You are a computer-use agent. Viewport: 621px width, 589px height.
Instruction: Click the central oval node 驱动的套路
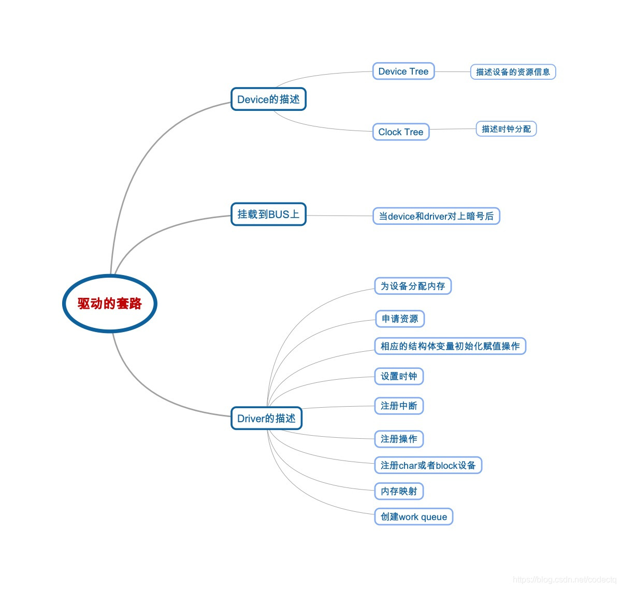pos(109,304)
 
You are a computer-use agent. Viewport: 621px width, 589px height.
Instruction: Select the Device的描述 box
pos(268,99)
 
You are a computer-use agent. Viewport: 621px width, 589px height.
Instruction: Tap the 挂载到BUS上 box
pos(268,214)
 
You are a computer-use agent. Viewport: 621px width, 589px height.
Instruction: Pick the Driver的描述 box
pos(266,418)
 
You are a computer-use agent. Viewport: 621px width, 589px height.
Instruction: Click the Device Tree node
pos(403,71)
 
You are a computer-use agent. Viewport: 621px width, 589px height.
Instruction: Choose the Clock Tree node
pos(401,132)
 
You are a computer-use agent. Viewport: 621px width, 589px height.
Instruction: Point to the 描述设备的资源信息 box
pos(513,72)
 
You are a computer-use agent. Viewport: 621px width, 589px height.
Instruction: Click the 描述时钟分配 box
pos(506,129)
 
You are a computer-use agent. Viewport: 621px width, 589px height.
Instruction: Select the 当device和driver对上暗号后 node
pos(436,216)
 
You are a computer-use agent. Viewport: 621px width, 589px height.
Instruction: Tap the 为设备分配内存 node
pos(413,286)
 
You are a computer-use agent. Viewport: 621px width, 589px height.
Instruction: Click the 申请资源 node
pos(400,319)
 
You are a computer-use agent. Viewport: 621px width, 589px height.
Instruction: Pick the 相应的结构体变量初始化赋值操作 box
pos(450,346)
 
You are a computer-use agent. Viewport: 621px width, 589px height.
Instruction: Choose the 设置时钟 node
pos(399,377)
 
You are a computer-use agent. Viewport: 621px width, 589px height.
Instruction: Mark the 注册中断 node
pos(399,406)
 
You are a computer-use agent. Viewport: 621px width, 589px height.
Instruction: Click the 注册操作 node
pos(399,439)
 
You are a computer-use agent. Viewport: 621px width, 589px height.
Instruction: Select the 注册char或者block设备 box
pos(428,465)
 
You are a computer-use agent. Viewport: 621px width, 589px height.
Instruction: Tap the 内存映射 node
pos(399,491)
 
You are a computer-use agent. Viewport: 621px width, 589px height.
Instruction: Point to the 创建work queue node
pos(414,516)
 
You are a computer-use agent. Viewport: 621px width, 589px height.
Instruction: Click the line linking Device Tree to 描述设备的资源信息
pos(452,72)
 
